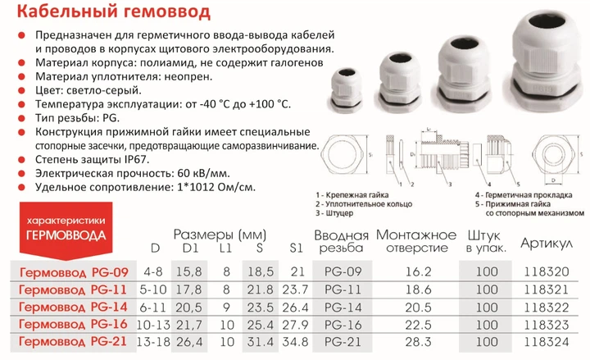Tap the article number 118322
click(547, 306)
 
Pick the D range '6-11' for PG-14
click(152, 306)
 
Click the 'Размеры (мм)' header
click(215, 232)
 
